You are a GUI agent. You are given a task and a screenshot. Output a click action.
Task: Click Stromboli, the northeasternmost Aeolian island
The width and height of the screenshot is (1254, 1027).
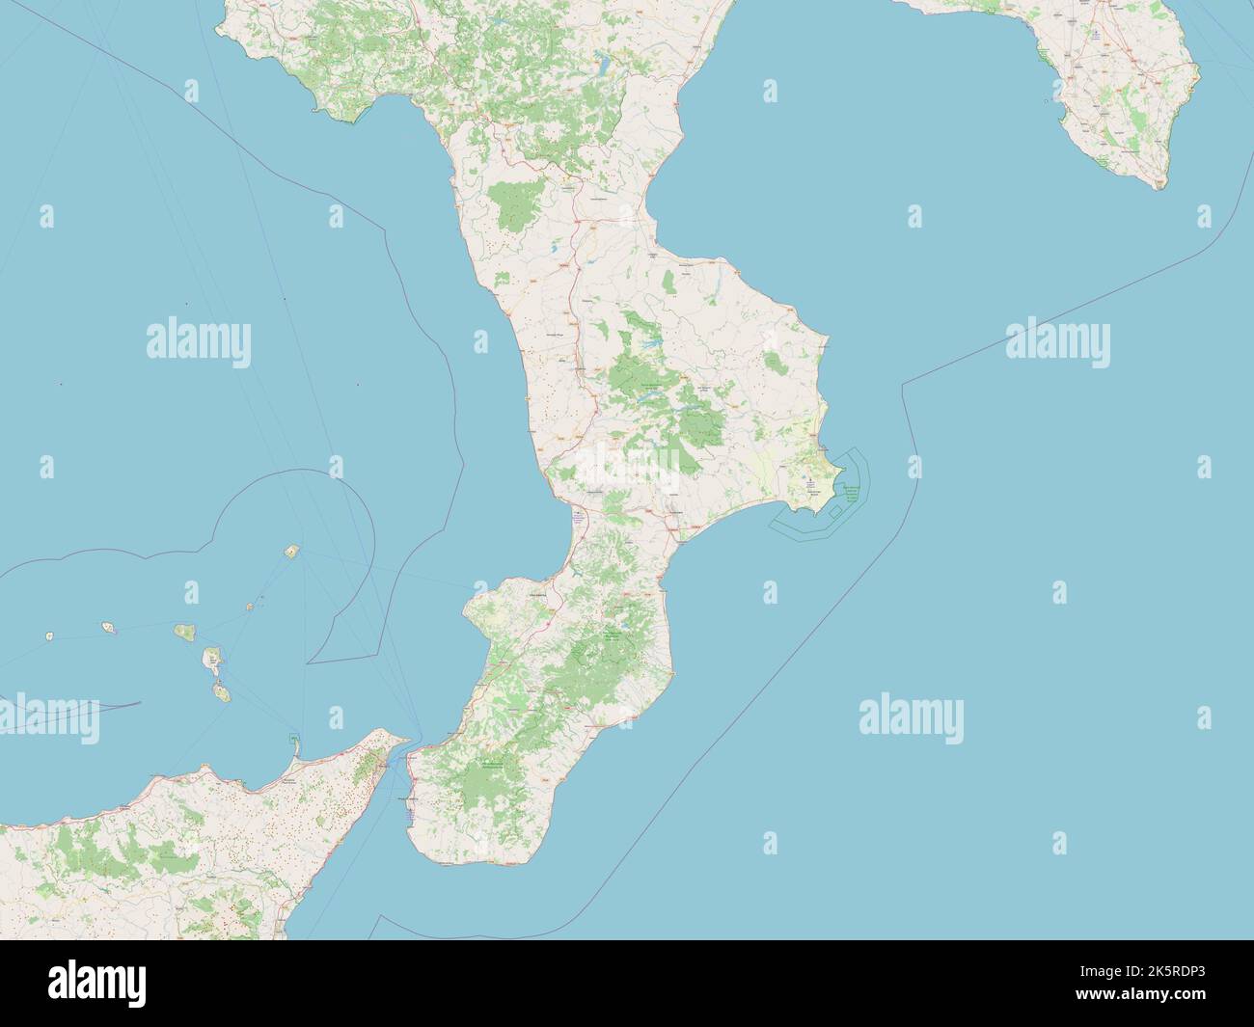290,553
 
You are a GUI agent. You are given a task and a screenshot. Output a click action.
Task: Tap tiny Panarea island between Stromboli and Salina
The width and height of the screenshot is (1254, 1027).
249,607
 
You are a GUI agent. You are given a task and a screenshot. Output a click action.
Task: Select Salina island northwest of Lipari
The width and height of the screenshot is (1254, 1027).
182,633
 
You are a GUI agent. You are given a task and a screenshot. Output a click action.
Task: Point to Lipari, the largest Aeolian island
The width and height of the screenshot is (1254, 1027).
210,661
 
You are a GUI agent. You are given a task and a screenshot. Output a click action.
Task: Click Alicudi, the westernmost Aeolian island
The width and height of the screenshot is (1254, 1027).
49,636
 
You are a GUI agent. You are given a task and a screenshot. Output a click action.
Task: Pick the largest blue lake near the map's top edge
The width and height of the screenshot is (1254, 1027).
603,68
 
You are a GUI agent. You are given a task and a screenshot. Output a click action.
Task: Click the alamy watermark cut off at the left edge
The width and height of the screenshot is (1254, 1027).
48,714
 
